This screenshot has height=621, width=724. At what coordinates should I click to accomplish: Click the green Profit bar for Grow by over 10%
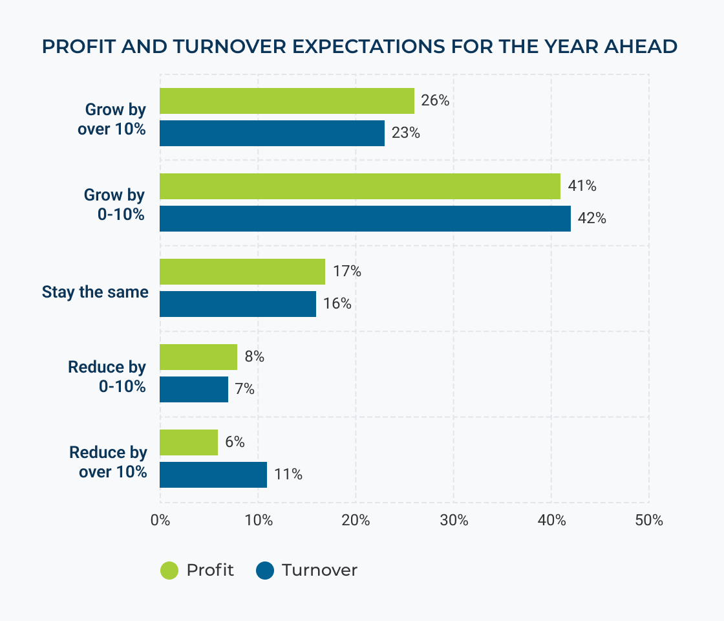(286, 101)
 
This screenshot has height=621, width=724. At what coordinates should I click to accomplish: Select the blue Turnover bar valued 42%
(365, 219)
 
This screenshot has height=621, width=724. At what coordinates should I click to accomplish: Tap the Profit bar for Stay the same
(242, 272)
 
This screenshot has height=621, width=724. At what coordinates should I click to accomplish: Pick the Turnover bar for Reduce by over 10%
(213, 475)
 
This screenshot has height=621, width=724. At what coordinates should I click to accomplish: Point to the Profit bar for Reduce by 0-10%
(198, 357)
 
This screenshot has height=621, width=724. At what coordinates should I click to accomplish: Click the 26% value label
(436, 101)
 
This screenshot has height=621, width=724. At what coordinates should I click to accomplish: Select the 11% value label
(288, 475)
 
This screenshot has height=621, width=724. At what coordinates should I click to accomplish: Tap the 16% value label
(337, 304)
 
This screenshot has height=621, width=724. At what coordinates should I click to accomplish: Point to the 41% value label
(582, 186)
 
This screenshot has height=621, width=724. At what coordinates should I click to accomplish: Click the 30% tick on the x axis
(454, 520)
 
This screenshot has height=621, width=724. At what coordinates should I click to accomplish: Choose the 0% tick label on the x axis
(160, 520)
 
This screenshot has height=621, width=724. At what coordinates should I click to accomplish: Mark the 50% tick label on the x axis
(648, 520)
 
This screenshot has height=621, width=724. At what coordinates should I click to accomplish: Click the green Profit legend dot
(169, 571)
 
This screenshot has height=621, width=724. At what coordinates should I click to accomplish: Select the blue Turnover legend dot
(265, 571)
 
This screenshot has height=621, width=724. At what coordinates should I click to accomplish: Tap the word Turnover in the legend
(319, 571)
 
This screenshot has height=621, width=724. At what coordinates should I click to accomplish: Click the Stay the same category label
(95, 292)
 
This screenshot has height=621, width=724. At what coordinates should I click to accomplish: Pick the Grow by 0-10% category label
(114, 204)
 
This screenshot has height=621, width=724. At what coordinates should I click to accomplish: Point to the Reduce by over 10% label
(109, 462)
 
